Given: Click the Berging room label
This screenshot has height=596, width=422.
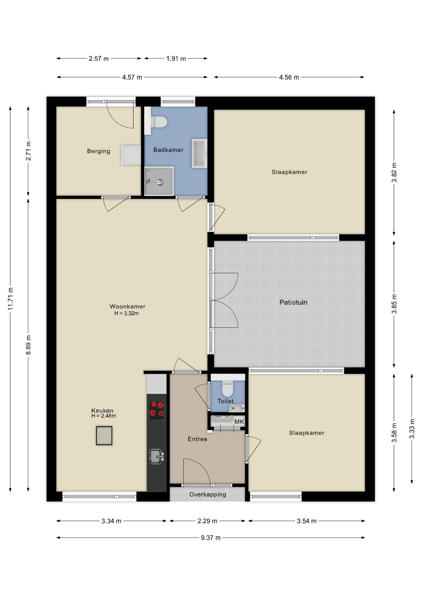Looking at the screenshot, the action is coord(99,151).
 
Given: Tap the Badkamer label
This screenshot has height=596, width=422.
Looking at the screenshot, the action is coord(168,150).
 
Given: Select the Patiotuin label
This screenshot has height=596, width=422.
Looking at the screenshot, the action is coord(293,302).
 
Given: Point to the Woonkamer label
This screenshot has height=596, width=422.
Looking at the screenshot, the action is coord(127,306).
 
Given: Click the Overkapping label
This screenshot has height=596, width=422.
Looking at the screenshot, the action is coord(208,494).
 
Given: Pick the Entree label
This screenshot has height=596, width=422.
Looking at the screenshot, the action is coord(197,439).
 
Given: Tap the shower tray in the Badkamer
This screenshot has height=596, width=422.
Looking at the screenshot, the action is coord(159,181).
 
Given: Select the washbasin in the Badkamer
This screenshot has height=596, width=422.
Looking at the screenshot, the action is coord(200,153).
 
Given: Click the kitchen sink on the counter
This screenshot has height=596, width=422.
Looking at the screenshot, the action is coord(156,456).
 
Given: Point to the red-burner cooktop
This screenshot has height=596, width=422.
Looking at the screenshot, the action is coord(157,410).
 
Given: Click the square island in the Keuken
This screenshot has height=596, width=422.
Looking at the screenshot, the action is coord(104,436).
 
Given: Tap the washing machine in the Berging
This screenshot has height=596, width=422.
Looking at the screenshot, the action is coord(131,155).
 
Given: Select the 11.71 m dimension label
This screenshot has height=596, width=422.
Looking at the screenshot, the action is coord(10,299).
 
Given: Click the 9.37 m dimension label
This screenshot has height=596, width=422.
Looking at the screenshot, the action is coord(211,538).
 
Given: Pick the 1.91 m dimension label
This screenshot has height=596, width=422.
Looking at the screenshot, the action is coord(176,58).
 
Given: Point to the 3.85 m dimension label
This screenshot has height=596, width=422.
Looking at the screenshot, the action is coord(394,304).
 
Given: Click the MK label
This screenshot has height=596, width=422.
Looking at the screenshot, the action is coord(239,422).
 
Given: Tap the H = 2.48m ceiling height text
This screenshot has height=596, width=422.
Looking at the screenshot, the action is coord(103,416).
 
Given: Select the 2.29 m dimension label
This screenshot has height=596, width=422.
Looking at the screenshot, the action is coord(207,521).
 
